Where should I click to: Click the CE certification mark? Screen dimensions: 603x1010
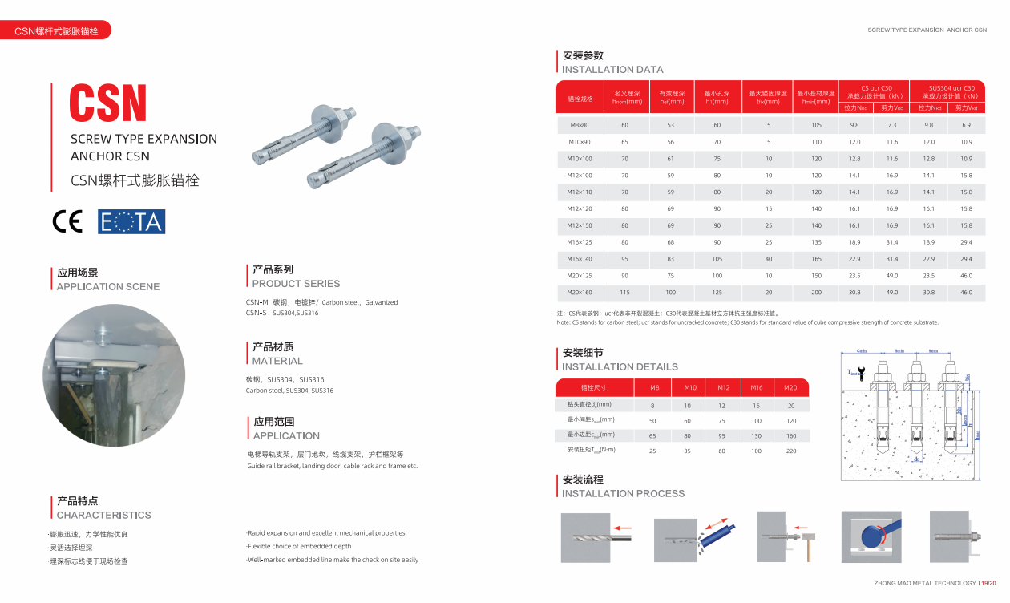[x=67, y=221]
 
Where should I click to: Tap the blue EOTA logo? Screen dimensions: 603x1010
[x=131, y=221]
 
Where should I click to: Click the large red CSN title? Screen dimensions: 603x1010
[x=108, y=103]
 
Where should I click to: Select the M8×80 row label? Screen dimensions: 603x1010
[x=579, y=125]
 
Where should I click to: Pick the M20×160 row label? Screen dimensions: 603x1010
[x=579, y=293]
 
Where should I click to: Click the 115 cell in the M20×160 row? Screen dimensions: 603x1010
[x=624, y=293]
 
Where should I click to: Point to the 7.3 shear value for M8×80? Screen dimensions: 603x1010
[x=891, y=125]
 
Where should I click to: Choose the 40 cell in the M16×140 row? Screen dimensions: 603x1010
[x=768, y=259]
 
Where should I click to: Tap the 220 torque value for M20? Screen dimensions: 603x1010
[x=791, y=451]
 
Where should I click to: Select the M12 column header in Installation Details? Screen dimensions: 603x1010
[x=723, y=388]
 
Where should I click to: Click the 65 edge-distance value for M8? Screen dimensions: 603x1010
[x=652, y=435]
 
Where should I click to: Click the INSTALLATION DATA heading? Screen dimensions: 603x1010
[x=612, y=70]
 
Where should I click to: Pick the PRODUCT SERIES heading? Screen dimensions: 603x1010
[x=296, y=284]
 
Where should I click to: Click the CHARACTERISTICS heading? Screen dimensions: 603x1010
[x=103, y=516]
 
